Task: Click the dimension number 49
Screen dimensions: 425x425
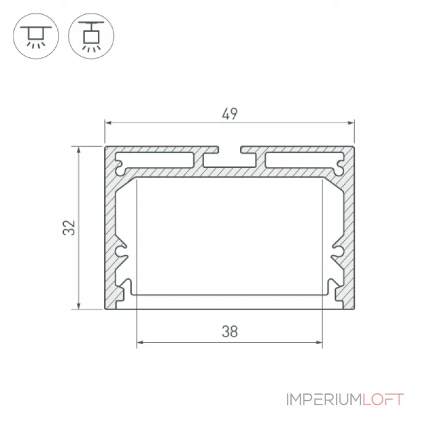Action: (229, 114)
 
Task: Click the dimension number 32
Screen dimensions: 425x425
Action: (69, 228)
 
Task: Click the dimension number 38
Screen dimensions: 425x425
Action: (230, 331)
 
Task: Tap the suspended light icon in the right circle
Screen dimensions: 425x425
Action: (91, 36)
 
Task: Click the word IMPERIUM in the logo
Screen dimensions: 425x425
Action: (324, 399)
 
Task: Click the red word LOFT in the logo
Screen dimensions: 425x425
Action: (383, 399)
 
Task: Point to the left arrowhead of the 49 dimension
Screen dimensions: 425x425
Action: (108, 123)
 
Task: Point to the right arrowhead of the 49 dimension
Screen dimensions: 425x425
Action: (351, 123)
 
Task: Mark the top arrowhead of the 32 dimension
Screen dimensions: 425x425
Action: (79, 150)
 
